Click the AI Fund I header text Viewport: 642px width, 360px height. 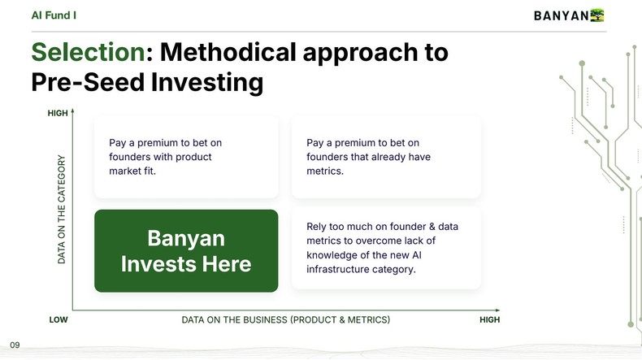(x=54, y=15)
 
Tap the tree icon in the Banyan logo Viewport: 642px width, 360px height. (x=598, y=15)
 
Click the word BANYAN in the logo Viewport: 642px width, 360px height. (x=561, y=15)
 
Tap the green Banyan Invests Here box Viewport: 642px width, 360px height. (x=186, y=250)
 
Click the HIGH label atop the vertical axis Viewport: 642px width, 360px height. (x=58, y=113)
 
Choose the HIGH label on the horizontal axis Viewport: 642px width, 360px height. (x=489, y=320)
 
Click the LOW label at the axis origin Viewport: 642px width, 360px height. (x=59, y=320)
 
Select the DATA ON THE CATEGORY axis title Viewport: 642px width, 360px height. (x=62, y=209)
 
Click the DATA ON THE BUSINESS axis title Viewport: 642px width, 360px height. (x=285, y=320)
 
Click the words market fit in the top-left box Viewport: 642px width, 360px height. (x=132, y=171)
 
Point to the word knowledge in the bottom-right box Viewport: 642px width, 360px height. (x=332, y=255)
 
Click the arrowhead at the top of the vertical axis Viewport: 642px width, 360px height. (x=72, y=111)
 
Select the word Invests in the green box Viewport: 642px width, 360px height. (x=161, y=264)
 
